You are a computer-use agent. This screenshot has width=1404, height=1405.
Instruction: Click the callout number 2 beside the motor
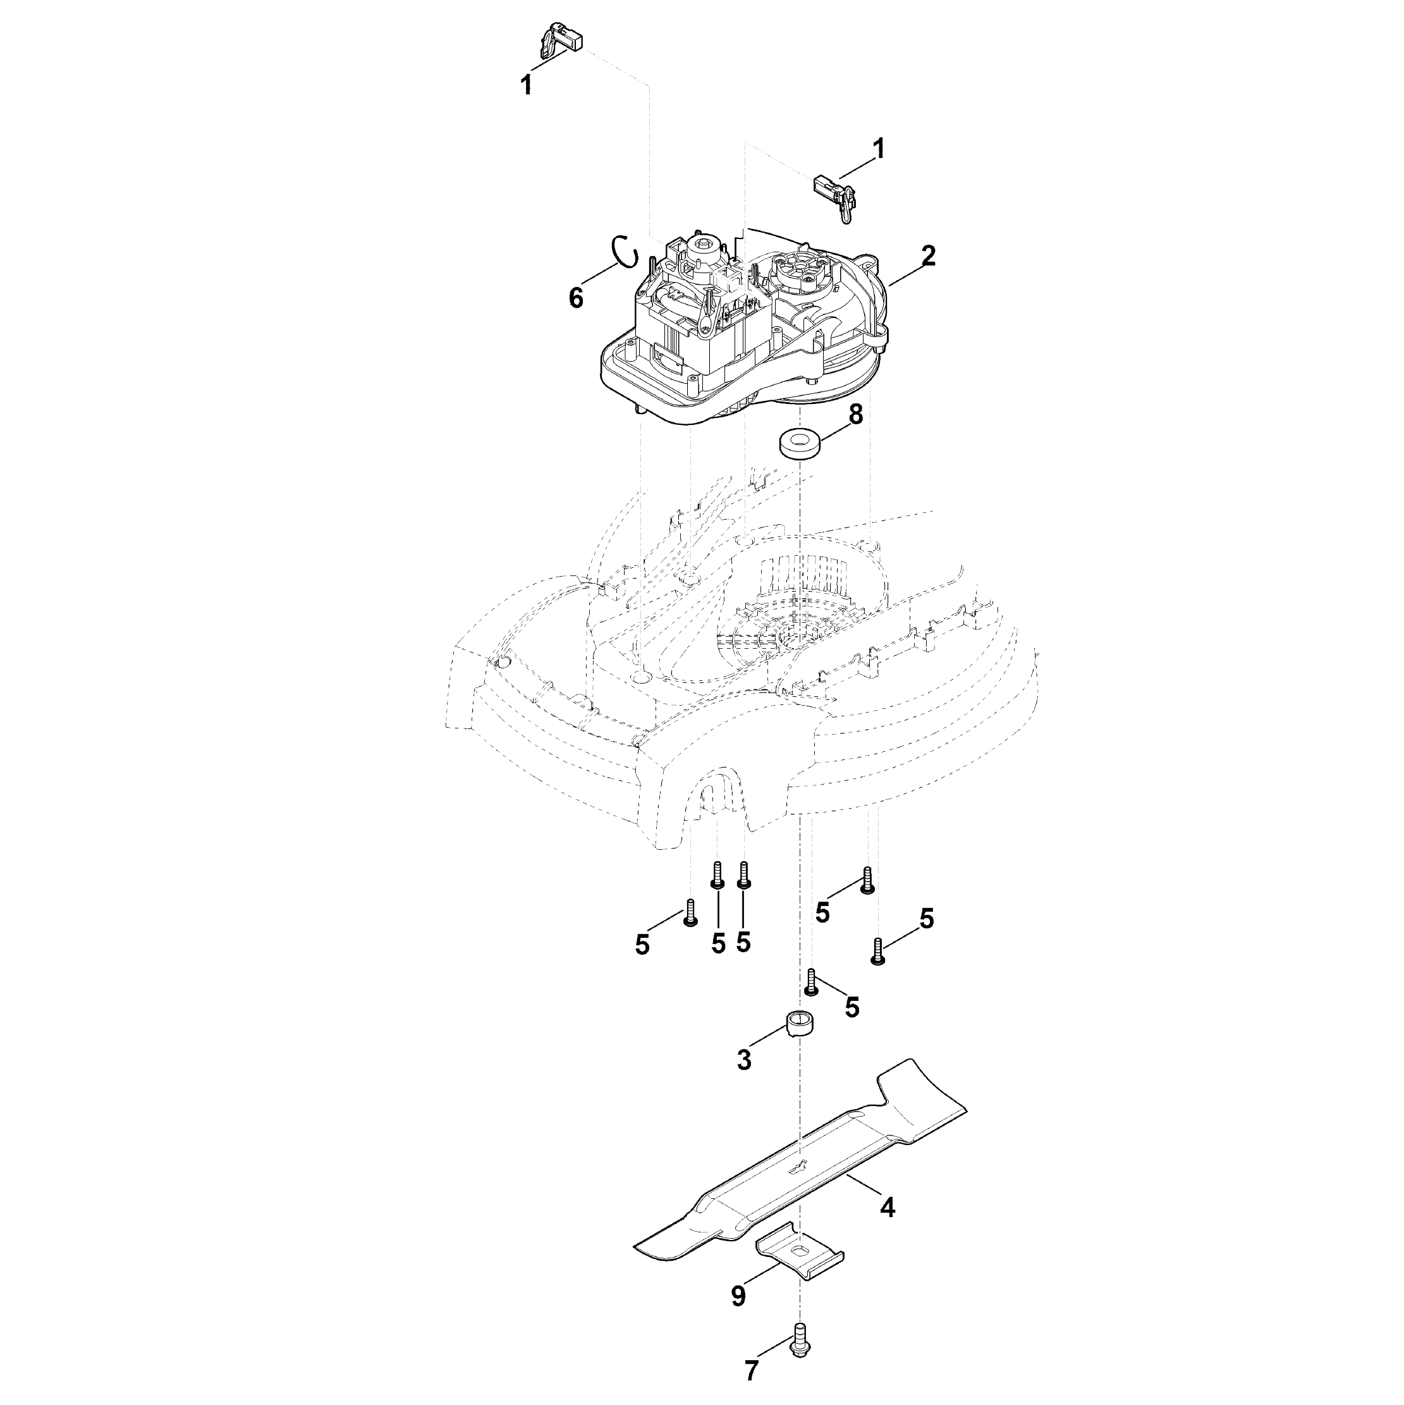click(x=928, y=255)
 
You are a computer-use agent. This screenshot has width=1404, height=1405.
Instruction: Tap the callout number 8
click(x=856, y=415)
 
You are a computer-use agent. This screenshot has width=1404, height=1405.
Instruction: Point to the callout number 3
click(x=744, y=1060)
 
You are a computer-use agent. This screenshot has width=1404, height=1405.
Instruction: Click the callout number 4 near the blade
click(x=887, y=1207)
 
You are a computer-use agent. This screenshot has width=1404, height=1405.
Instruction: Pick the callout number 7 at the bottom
click(x=752, y=1371)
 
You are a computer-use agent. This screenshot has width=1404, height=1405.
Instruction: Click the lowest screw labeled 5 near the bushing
click(x=812, y=982)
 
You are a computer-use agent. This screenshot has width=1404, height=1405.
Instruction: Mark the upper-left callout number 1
click(x=526, y=85)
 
